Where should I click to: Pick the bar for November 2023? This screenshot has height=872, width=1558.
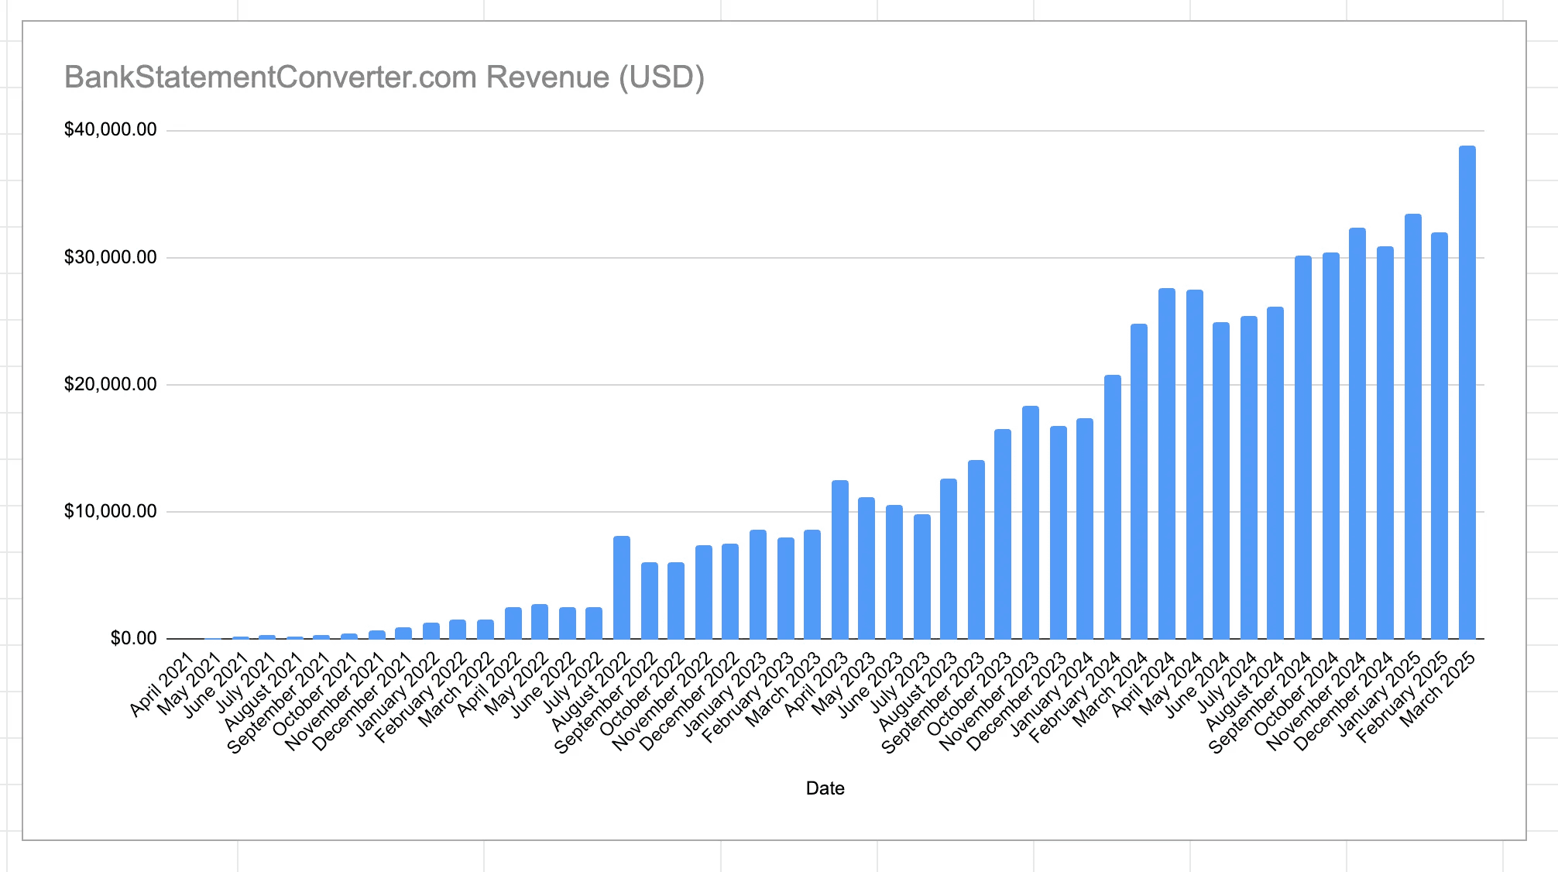(x=1031, y=522)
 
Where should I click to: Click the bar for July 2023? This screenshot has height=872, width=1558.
(x=921, y=576)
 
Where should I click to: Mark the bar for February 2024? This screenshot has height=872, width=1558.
(x=1112, y=506)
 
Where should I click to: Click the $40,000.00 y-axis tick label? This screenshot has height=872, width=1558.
(x=111, y=130)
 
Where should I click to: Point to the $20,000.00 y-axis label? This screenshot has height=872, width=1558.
(x=111, y=384)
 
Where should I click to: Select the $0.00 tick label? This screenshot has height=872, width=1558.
(x=133, y=639)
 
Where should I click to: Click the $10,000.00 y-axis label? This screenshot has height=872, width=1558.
(x=111, y=511)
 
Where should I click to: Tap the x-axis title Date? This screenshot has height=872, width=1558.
(x=825, y=788)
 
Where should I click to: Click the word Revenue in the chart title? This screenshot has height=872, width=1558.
(x=547, y=77)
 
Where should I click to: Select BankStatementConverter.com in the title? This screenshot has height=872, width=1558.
(x=270, y=77)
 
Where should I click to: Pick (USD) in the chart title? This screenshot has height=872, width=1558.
(x=661, y=77)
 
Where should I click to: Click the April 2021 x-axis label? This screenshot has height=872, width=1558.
(x=162, y=685)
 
